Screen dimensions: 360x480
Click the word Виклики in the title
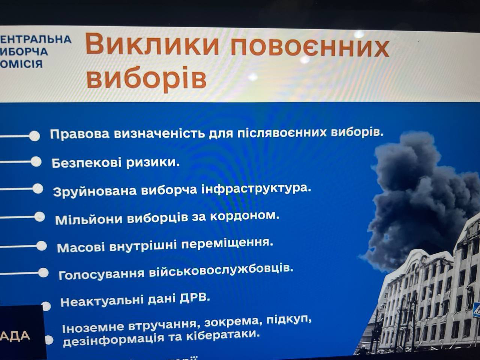click(x=152, y=45)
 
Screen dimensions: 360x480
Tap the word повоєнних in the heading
click(x=309, y=47)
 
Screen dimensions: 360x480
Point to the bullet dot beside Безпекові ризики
click(x=36, y=162)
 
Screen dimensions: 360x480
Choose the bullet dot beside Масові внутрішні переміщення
click(x=42, y=246)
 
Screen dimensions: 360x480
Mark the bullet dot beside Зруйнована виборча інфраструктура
click(x=38, y=189)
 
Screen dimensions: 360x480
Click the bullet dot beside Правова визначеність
click(x=34, y=136)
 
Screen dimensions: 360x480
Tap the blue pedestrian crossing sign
click(x=476, y=310)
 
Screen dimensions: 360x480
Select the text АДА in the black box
click(x=15, y=336)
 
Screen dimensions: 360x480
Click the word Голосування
click(x=101, y=274)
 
